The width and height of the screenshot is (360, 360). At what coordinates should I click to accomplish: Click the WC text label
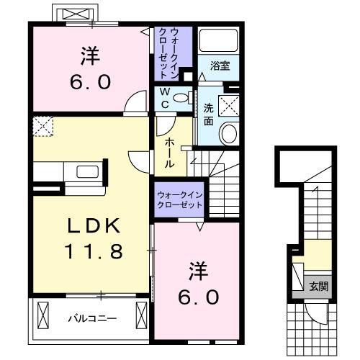coord(164,98)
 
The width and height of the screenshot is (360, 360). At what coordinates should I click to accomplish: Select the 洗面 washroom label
coord(208,114)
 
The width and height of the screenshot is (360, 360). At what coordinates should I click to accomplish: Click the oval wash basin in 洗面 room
coord(229,133)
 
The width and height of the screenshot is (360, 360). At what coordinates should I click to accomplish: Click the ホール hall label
coord(168,153)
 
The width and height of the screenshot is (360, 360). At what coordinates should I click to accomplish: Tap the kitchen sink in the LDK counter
coord(86,172)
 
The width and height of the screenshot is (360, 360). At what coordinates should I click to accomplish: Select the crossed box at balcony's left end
coord(42,315)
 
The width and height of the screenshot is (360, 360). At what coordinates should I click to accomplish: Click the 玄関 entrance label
coord(319,286)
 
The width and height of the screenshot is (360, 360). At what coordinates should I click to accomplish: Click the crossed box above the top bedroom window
coord(74,14)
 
